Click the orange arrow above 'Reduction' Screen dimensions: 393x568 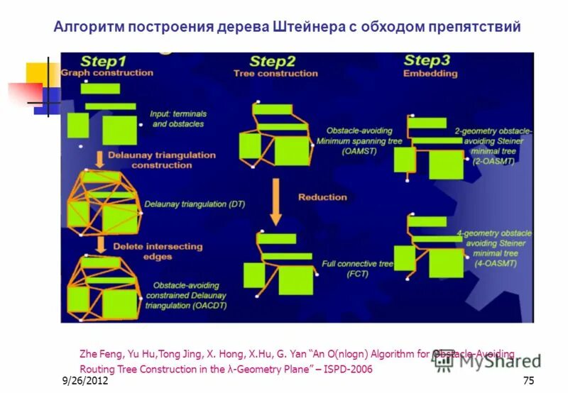click(x=277, y=200)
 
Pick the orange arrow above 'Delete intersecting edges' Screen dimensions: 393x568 click(x=101, y=245)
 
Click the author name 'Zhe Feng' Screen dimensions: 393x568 click(x=98, y=353)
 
